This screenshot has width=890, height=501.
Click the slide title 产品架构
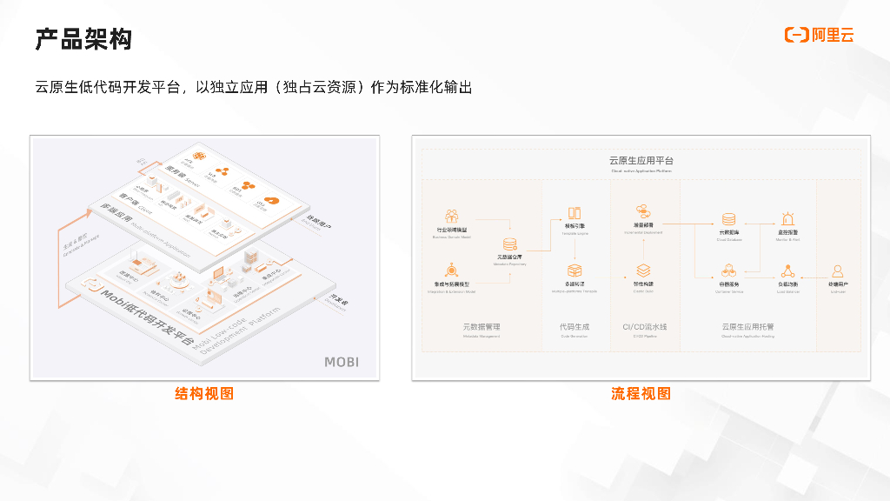pos(83,38)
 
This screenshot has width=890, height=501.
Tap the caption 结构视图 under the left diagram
pos(204,394)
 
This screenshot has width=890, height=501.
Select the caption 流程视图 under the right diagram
pos(641,394)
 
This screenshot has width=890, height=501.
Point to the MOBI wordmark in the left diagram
pos(341,362)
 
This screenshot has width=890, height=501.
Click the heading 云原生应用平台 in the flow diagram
pos(641,161)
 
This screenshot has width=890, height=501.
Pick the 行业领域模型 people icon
pos(451,216)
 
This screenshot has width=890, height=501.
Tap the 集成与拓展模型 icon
pos(452,271)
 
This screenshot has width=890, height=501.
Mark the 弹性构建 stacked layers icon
pos(643,271)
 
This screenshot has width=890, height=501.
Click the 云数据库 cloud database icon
pos(728,219)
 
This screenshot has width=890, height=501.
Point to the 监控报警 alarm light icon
pos(787,218)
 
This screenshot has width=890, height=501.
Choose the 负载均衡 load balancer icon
pos(787,271)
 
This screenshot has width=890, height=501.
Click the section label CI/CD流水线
pos(644,327)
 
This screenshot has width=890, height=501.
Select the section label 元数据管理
pos(482,327)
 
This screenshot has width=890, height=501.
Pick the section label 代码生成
pos(575,327)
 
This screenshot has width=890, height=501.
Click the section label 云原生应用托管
pos(747,327)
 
